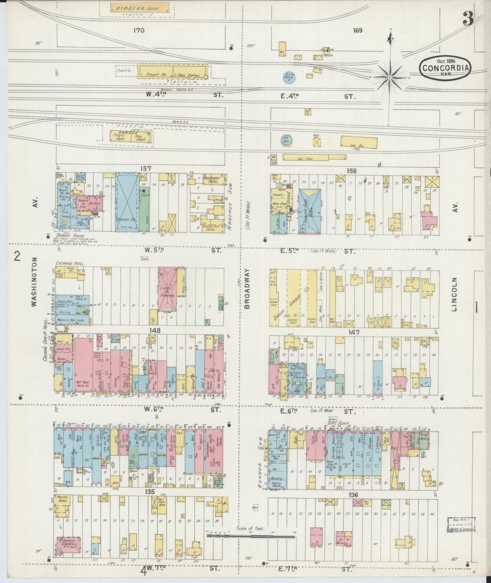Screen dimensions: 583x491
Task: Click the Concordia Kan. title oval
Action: coord(445,67)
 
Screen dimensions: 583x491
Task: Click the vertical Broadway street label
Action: coord(247,288)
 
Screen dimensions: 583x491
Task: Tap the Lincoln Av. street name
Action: coord(455,294)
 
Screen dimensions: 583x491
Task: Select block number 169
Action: coord(357,30)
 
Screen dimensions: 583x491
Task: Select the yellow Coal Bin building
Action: coord(359,143)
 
